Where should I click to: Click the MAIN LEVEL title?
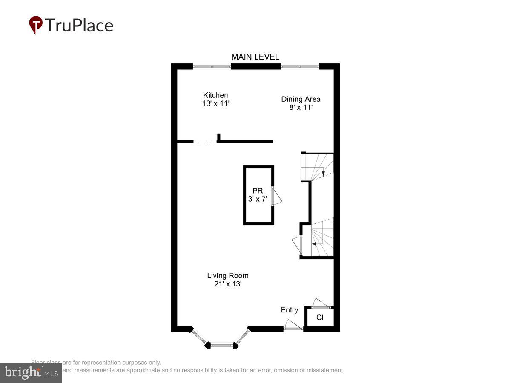click(255, 57)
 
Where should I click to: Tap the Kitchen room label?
click(215, 95)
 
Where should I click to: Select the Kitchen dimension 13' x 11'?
click(216, 103)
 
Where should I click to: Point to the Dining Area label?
click(301, 99)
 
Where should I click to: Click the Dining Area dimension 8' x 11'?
click(301, 107)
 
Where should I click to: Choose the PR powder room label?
click(258, 191)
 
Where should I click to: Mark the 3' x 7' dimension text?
click(258, 199)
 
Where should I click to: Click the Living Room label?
click(228, 276)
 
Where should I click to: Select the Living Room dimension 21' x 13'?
click(228, 284)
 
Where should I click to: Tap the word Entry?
click(290, 310)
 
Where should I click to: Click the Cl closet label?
click(320, 317)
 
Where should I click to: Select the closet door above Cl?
click(321, 303)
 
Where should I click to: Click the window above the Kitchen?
click(212, 66)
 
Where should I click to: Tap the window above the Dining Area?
click(300, 66)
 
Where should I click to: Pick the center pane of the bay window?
click(222, 345)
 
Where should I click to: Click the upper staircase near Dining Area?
click(317, 166)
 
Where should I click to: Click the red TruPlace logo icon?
click(36, 25)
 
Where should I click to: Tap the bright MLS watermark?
click(31, 373)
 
